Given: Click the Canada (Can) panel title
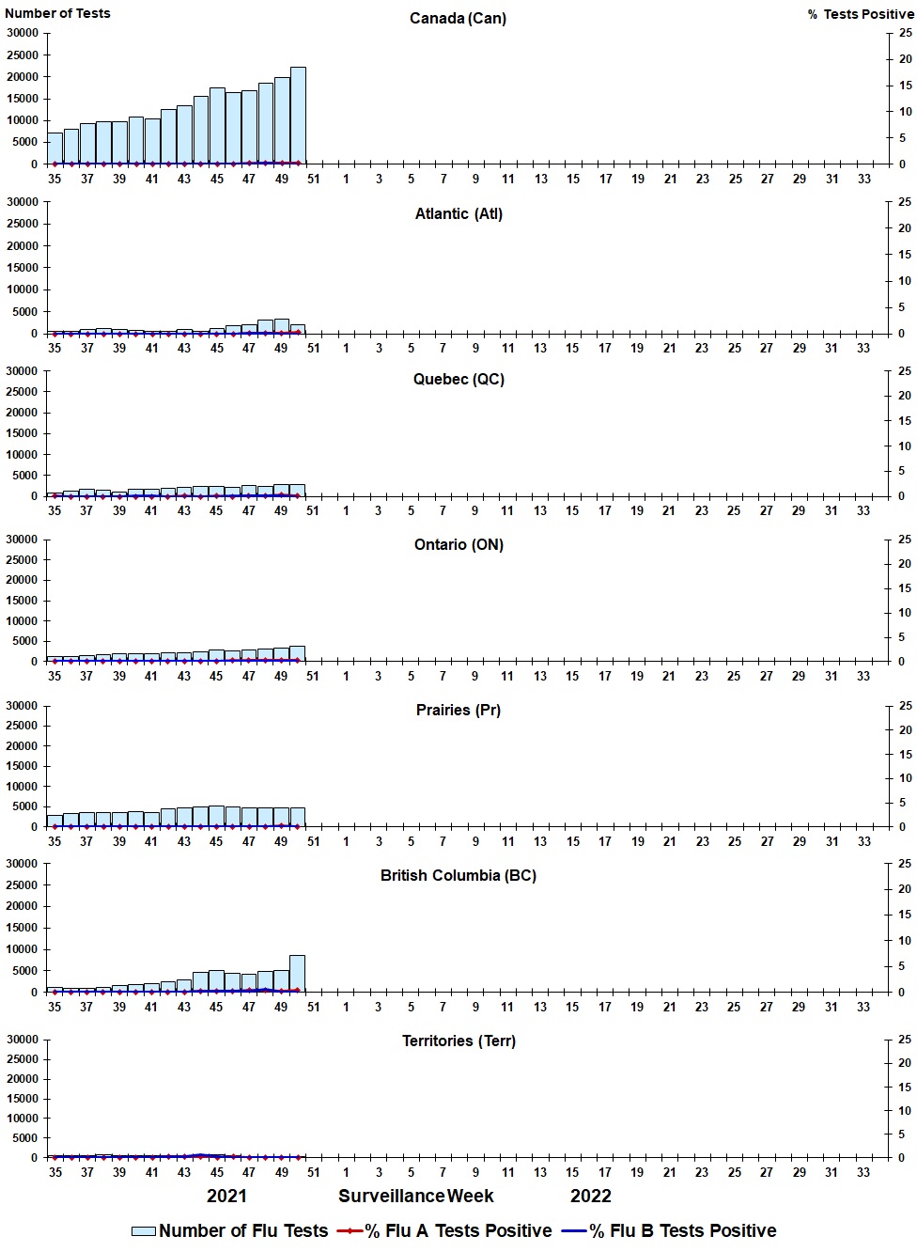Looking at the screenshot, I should (458, 19).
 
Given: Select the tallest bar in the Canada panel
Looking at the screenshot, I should (298, 115).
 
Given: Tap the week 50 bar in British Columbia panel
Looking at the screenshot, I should (297, 974).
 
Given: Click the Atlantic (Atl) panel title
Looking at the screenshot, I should (458, 214).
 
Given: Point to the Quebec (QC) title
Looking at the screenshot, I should (458, 380).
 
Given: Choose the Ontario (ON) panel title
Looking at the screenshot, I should (458, 545).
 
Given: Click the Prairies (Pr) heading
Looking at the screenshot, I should (458, 711).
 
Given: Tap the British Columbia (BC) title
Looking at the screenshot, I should (458, 876).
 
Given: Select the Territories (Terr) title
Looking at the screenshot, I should (458, 1041).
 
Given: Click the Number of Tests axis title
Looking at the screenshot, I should (57, 13).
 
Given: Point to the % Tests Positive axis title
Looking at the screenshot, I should (861, 14).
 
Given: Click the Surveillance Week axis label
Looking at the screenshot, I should (416, 1197).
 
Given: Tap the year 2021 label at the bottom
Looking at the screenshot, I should (226, 1197).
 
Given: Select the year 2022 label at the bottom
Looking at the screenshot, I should (590, 1197).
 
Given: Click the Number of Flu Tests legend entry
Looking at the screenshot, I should (230, 1231).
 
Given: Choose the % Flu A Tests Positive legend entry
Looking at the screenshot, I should (445, 1231).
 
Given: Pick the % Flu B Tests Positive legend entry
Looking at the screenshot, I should (670, 1231).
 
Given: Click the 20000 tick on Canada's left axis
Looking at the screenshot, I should (23, 77).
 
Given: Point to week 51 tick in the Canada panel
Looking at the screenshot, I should (314, 179).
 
